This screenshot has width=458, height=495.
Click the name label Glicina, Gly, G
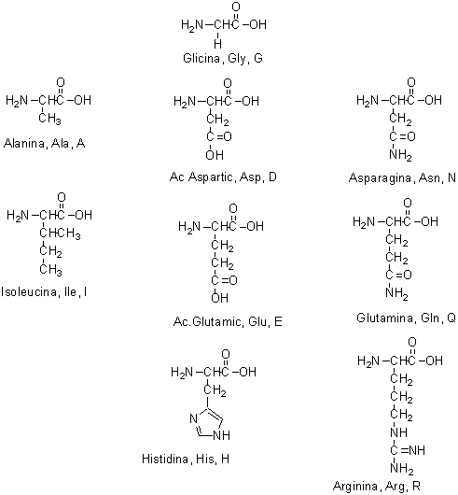coord(223,59)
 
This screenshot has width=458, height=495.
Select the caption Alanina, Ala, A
coord(45,144)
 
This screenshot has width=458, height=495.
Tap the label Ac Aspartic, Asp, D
coord(223,177)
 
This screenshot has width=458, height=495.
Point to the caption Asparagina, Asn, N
coord(402,178)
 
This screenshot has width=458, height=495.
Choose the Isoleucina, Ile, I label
coord(44,292)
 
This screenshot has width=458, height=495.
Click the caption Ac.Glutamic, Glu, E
coord(228,321)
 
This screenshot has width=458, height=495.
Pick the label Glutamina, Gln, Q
coord(406,318)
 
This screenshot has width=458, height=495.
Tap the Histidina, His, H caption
coord(186,459)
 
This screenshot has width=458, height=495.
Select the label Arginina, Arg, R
coord(376,486)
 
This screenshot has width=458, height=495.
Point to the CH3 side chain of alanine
coord(49,119)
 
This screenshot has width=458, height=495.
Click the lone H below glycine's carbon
coord(217,44)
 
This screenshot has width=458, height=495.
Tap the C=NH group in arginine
coord(408,450)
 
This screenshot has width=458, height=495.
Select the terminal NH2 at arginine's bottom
coord(402,469)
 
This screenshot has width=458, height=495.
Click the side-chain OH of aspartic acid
coord(215,155)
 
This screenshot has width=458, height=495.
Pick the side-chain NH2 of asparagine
coord(400,156)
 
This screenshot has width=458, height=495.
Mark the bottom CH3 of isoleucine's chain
coord(50,270)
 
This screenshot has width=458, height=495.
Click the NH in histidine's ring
coord(222,435)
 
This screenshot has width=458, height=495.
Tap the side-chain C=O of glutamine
coord(398,275)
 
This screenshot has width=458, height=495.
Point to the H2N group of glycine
coord(192,25)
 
